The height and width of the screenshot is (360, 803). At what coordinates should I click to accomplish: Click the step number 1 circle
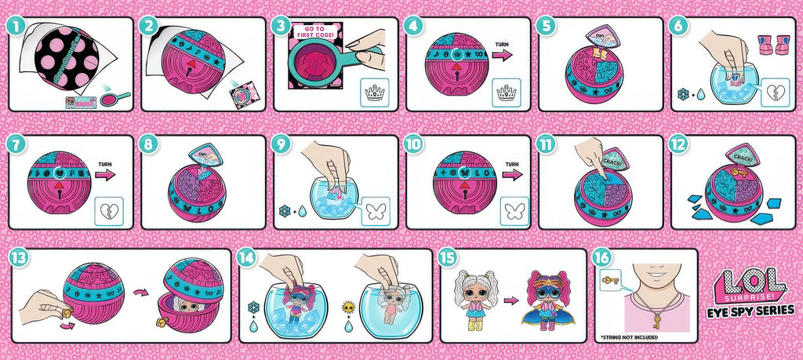click(x=13, y=25)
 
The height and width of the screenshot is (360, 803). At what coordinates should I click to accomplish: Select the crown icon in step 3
click(x=374, y=93)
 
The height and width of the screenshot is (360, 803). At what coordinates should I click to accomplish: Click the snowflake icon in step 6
click(x=682, y=93)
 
